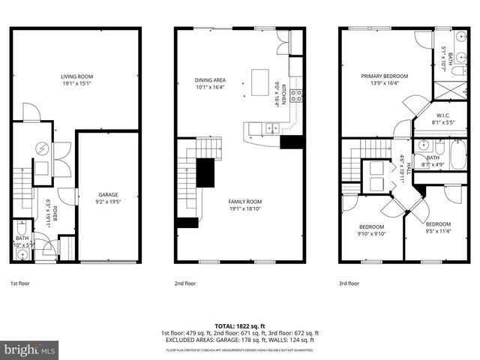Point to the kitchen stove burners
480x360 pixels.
(x=296, y=94)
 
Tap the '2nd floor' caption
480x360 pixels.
(x=184, y=283)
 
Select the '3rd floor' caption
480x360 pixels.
(x=349, y=283)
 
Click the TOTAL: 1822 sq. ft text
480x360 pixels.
(x=239, y=326)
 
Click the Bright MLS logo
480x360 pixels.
(x=30, y=349)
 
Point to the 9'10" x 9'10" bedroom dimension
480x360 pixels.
(x=371, y=233)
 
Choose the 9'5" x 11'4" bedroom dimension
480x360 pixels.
(x=439, y=230)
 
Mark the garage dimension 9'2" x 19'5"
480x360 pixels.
(x=109, y=200)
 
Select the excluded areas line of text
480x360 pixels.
(x=239, y=340)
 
